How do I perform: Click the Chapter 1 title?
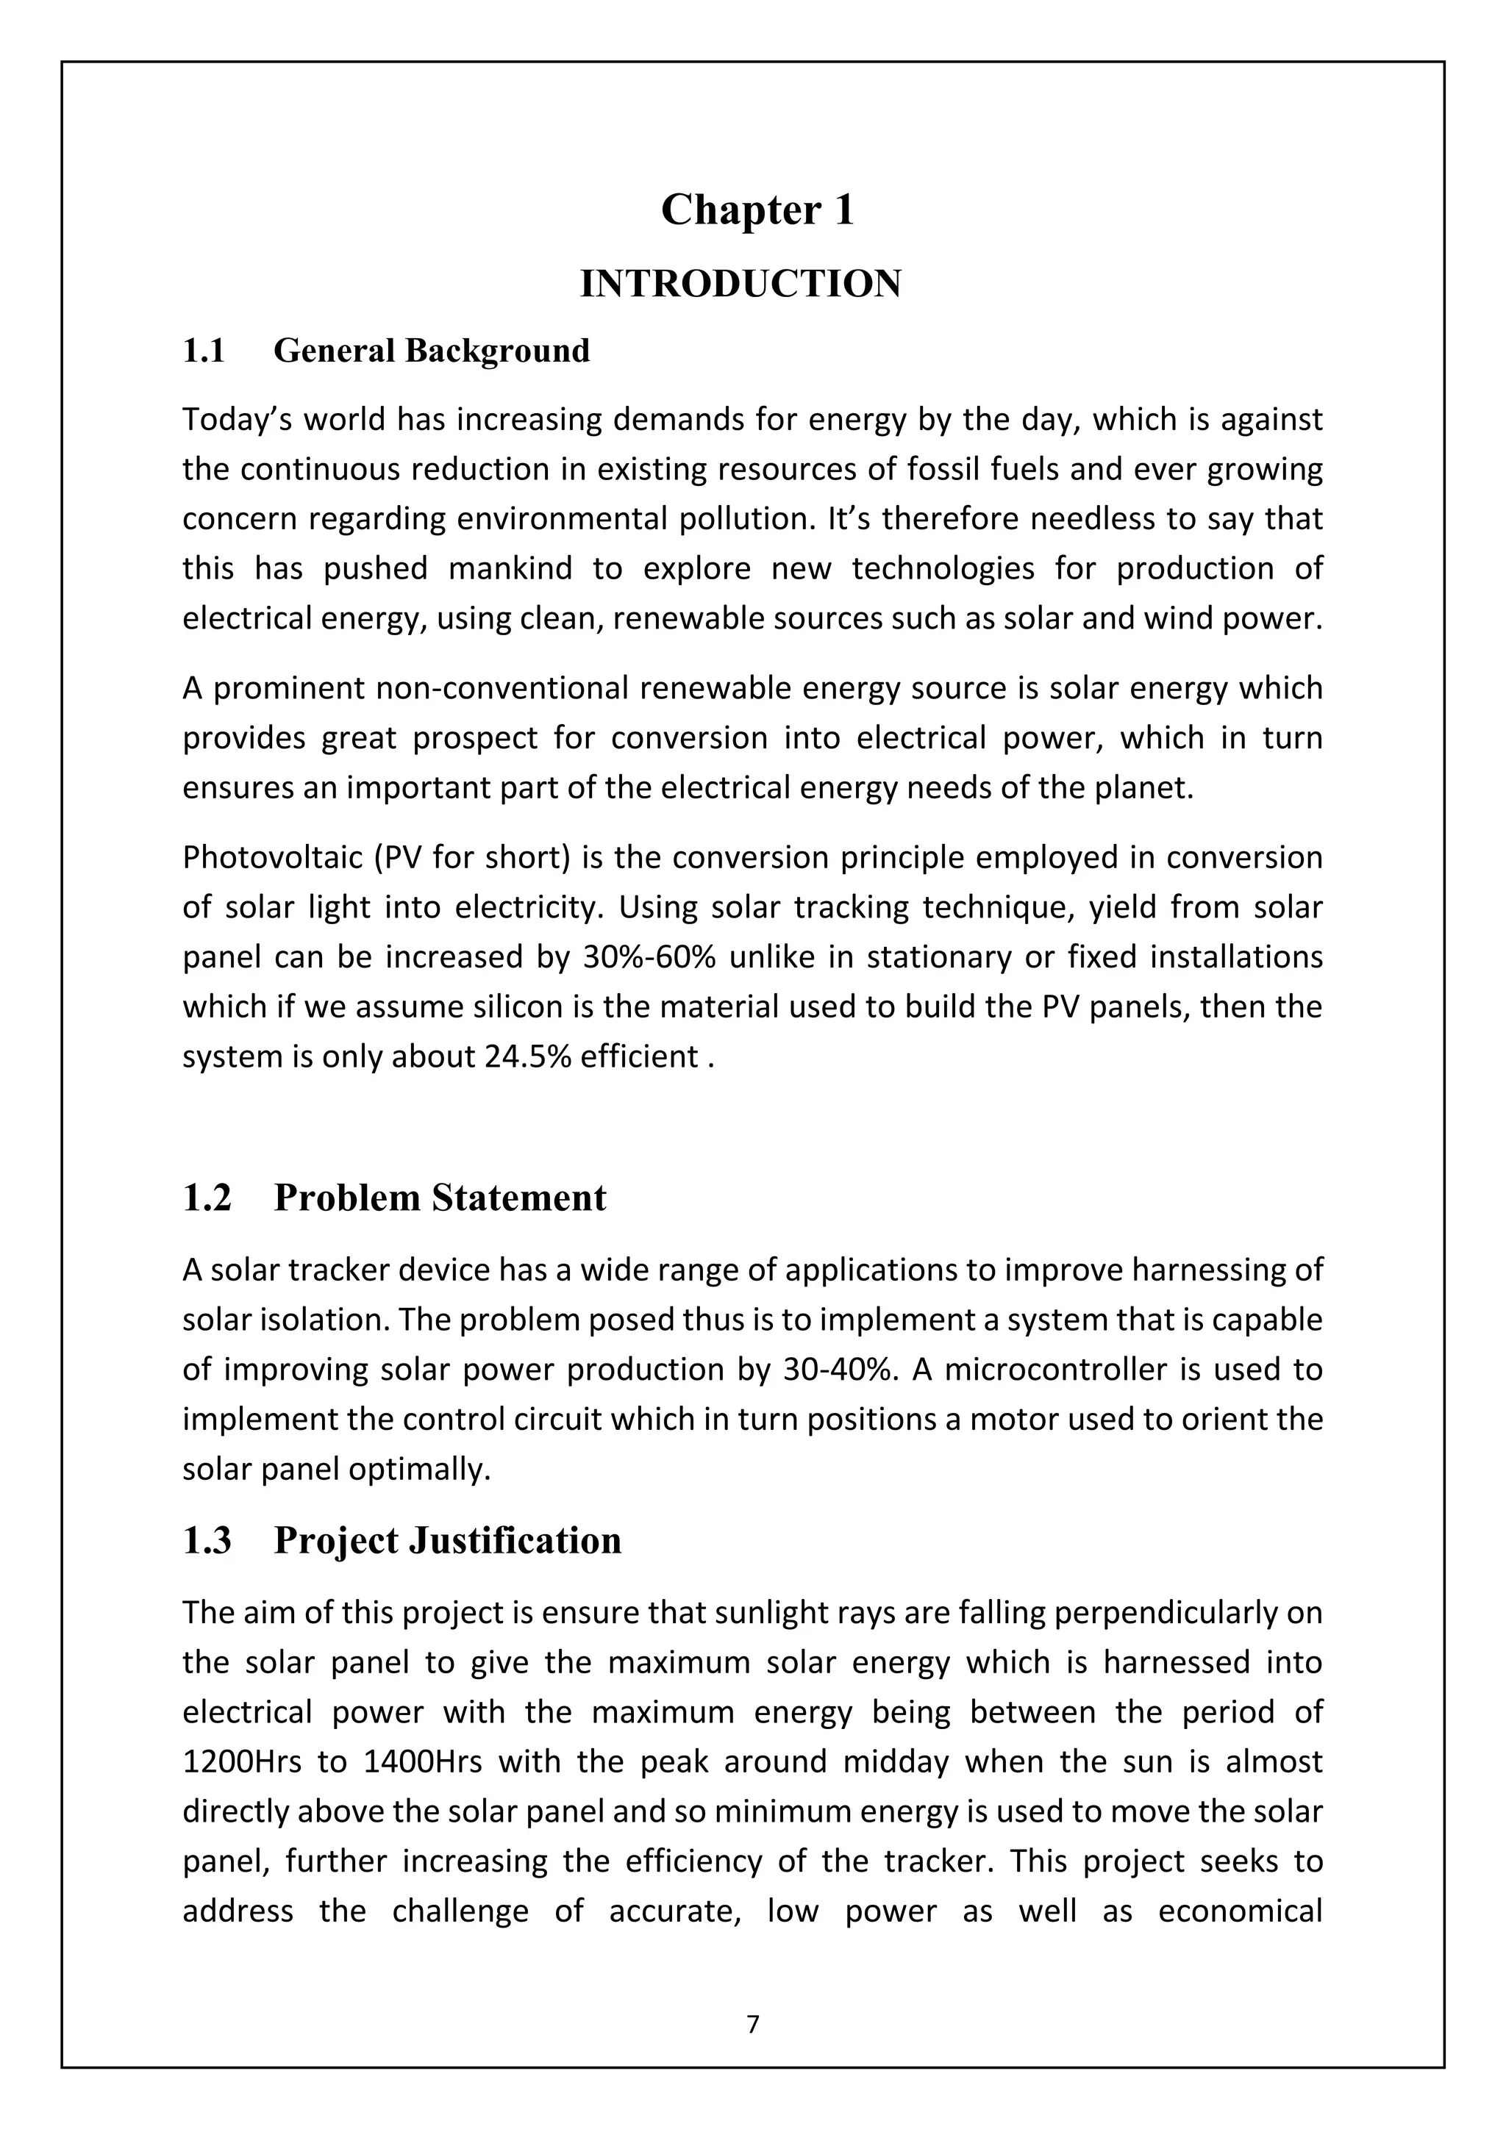pos(757,210)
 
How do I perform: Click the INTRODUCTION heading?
pos(740,285)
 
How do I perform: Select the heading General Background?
pos(431,351)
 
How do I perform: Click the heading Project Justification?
pos(447,1541)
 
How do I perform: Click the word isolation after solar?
pos(316,1320)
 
